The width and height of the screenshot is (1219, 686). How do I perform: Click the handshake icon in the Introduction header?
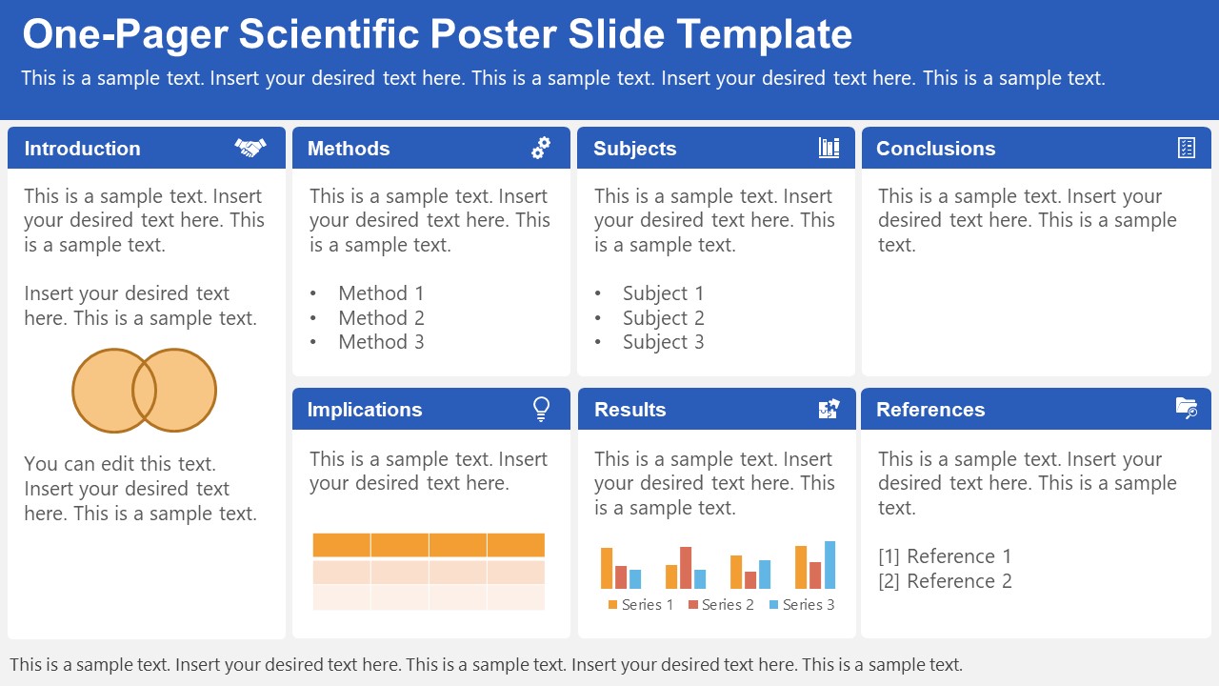pyautogui.click(x=250, y=148)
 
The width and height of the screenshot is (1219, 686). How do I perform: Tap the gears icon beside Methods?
pyautogui.click(x=541, y=148)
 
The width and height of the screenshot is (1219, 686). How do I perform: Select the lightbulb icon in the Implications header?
pyautogui.click(x=541, y=409)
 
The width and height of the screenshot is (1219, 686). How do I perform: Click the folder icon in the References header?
pyautogui.click(x=1187, y=409)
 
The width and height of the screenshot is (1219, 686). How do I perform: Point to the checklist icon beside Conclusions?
pyautogui.click(x=1187, y=148)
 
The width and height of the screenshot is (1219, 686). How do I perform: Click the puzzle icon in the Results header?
pyautogui.click(x=829, y=409)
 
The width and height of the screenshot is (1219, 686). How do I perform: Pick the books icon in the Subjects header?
pyautogui.click(x=829, y=148)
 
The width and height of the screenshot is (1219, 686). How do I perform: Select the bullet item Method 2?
pyautogui.click(x=381, y=318)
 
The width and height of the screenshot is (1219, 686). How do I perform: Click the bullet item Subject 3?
pyautogui.click(x=663, y=342)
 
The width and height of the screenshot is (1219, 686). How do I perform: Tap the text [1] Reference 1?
pyautogui.click(x=945, y=556)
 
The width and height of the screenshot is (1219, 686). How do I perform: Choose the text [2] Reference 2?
pyautogui.click(x=945, y=581)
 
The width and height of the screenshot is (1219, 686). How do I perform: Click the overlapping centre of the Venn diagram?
pyautogui.click(x=144, y=391)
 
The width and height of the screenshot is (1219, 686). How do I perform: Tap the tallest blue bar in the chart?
pyautogui.click(x=829, y=565)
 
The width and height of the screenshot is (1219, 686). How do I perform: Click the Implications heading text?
pyautogui.click(x=364, y=410)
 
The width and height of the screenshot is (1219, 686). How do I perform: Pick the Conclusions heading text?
pyautogui.click(x=935, y=149)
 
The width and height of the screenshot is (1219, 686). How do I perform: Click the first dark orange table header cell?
pyautogui.click(x=342, y=545)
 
